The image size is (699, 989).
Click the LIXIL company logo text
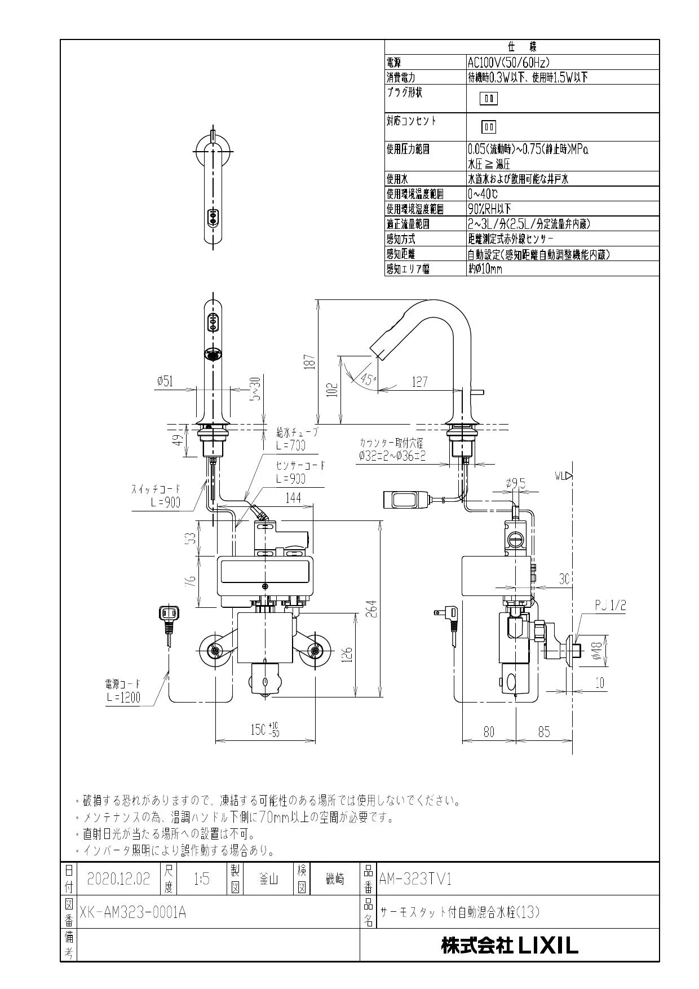pyautogui.click(x=509, y=946)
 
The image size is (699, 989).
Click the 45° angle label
pyautogui.click(x=368, y=379)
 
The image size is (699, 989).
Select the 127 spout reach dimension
pyautogui.click(x=419, y=382)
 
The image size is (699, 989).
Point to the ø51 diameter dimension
pyautogui.click(x=165, y=381)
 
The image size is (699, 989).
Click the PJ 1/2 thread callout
pyautogui.click(x=610, y=606)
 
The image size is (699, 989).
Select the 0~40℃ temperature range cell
pyautogui.click(x=483, y=194)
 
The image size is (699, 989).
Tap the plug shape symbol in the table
pyautogui.click(x=489, y=99)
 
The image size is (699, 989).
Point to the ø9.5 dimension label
pyautogui.click(x=516, y=483)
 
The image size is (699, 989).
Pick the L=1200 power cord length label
pyautogui.click(x=123, y=697)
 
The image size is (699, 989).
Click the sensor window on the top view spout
pyautogui.click(x=213, y=217)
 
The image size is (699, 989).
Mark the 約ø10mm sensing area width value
pyautogui.click(x=485, y=269)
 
